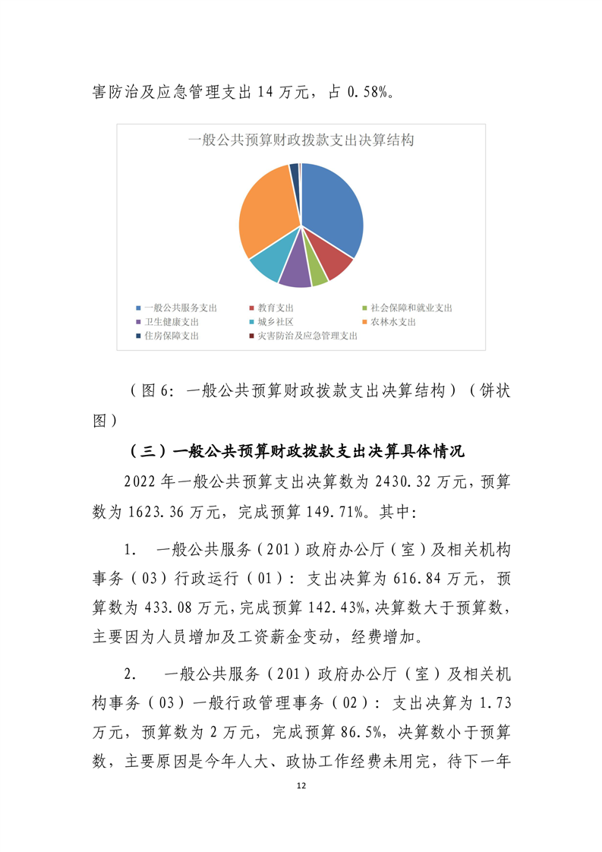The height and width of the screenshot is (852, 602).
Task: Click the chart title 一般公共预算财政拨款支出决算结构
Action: tap(301, 140)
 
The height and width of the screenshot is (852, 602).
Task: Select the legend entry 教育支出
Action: tap(275, 308)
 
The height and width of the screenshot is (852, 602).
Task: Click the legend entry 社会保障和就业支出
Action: tap(411, 308)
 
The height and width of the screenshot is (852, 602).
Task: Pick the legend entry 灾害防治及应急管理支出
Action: tap(307, 336)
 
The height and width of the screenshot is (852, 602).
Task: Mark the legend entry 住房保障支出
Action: tap(171, 336)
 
